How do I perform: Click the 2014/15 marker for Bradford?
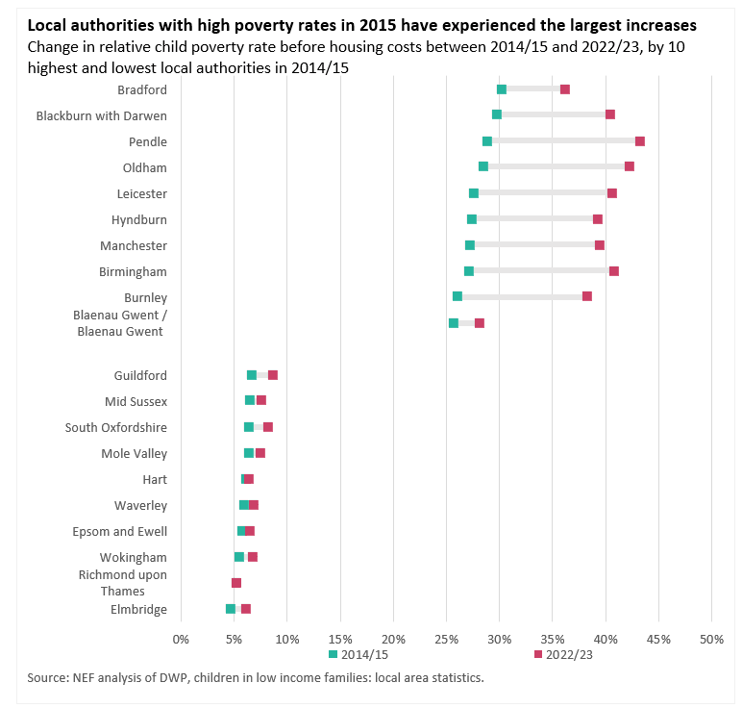click(x=502, y=89)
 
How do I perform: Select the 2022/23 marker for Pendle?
click(x=640, y=141)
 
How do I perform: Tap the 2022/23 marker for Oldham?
click(x=630, y=166)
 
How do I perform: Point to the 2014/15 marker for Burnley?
click(x=458, y=296)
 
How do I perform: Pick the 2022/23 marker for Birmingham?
click(x=614, y=271)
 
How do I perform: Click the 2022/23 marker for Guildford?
click(x=273, y=375)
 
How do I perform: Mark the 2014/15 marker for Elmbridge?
click(x=231, y=609)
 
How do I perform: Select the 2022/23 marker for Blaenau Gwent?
click(x=480, y=323)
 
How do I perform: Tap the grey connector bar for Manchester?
click(x=534, y=245)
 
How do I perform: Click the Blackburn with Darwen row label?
click(x=102, y=115)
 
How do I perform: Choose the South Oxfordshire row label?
click(x=116, y=427)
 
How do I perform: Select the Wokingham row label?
click(x=134, y=557)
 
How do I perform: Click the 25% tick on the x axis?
click(x=446, y=639)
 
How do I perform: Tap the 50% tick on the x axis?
click(x=710, y=639)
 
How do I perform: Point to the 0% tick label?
click(x=181, y=639)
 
